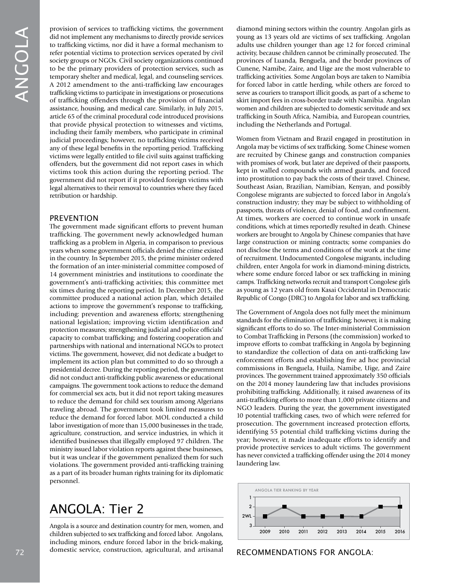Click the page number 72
click(x=19, y=552)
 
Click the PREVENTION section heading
click(x=74, y=218)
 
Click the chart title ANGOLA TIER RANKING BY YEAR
click(x=287, y=490)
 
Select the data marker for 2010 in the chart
click(x=284, y=507)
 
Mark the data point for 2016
click(x=400, y=507)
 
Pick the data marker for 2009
click(x=265, y=516)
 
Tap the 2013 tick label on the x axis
click(x=342, y=532)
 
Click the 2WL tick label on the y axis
click(x=247, y=516)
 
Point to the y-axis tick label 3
click(x=250, y=526)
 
